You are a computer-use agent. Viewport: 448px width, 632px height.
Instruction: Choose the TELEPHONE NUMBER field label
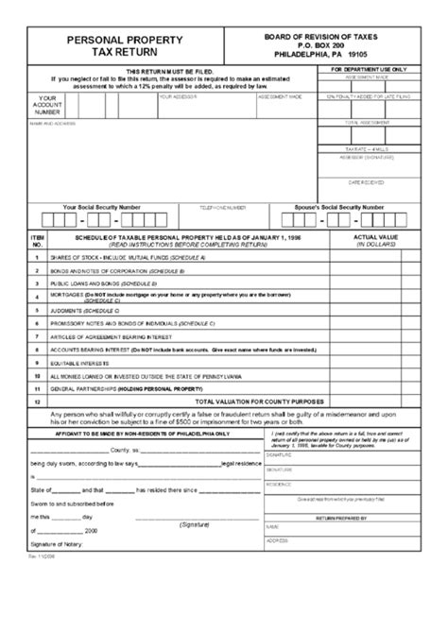223,207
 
